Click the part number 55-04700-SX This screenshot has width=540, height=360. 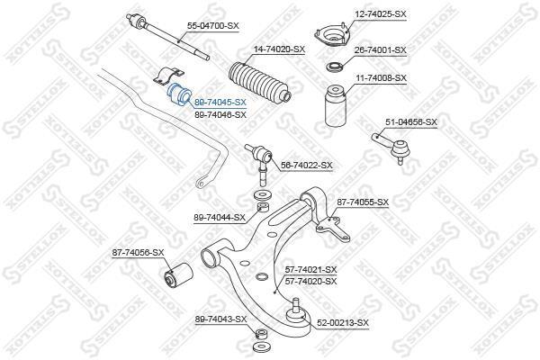[x=212, y=26]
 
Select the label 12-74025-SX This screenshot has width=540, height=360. [x=380, y=14]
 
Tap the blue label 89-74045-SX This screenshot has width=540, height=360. [x=220, y=103]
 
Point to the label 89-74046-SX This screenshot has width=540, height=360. [x=220, y=114]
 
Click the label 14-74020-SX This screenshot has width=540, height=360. [x=279, y=49]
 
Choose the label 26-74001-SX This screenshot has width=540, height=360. [x=381, y=50]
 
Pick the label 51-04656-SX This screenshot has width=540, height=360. [x=411, y=122]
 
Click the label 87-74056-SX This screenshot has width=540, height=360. [x=138, y=253]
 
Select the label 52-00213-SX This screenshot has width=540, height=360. [x=343, y=323]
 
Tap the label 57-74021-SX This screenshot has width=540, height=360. [x=310, y=269]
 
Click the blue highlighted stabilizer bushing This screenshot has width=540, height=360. [x=179, y=94]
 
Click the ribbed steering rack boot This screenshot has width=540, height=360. [x=260, y=82]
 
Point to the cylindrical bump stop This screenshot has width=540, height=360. [x=336, y=106]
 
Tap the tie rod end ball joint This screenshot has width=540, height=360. [x=391, y=147]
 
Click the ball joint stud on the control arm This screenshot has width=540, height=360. [x=295, y=311]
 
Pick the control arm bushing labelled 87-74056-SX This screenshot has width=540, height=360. [x=177, y=275]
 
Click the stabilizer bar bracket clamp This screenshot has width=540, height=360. [x=169, y=76]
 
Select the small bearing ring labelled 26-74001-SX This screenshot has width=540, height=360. [x=335, y=67]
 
